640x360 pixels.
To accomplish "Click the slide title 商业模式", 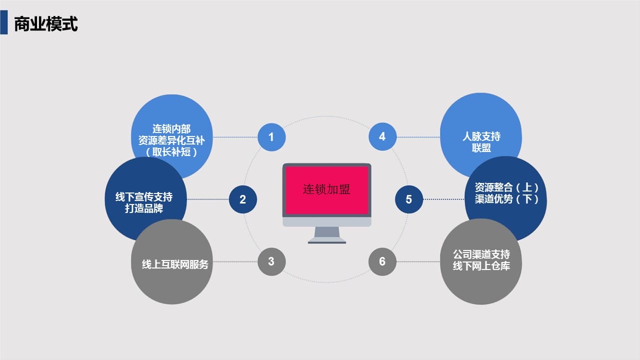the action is (x=45, y=23).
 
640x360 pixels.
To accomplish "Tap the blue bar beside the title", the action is (x=3, y=22).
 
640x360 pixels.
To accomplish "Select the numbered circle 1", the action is (x=271, y=137).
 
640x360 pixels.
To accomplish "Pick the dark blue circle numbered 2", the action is (x=243, y=199).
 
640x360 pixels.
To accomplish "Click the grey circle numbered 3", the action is (x=271, y=261).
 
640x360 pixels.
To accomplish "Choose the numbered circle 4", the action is (x=382, y=136).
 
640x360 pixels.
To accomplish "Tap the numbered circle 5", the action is (x=409, y=199).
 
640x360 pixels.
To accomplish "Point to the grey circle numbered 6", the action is (x=382, y=261).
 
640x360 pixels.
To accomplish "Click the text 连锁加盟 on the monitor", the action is (x=326, y=189).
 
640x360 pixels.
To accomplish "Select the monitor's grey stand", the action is (x=327, y=235).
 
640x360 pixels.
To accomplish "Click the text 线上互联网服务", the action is (x=175, y=264).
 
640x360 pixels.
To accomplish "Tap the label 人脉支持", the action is (x=481, y=136).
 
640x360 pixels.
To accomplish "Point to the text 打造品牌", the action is (x=144, y=208).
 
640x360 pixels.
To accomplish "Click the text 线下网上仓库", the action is (x=481, y=266).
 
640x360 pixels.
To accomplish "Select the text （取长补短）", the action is (x=171, y=152).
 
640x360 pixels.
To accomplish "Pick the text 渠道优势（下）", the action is (x=506, y=199).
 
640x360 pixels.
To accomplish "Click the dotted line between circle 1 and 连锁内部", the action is (x=235, y=137).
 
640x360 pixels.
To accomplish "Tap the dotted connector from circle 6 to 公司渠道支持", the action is (x=418, y=261).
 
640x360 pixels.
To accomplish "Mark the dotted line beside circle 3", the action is (x=235, y=261).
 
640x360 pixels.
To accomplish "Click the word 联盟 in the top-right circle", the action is (x=481, y=148).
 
